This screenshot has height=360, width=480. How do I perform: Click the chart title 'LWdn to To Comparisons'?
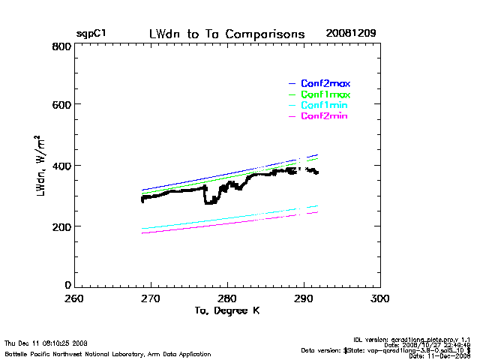click(x=227, y=34)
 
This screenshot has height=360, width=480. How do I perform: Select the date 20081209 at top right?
click(x=351, y=34)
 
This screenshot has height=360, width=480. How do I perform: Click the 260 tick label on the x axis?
click(x=74, y=298)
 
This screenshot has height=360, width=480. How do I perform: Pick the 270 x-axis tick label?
click(x=151, y=298)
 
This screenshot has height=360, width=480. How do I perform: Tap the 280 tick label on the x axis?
click(x=227, y=298)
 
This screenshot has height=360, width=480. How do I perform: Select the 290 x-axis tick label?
click(x=304, y=298)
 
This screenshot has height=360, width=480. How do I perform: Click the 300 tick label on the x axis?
click(x=380, y=298)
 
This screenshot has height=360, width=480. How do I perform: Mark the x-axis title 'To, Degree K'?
click(x=226, y=310)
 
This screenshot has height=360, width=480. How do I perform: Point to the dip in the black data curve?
click(x=211, y=201)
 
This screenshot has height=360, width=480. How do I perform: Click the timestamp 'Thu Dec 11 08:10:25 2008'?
click(x=46, y=342)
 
